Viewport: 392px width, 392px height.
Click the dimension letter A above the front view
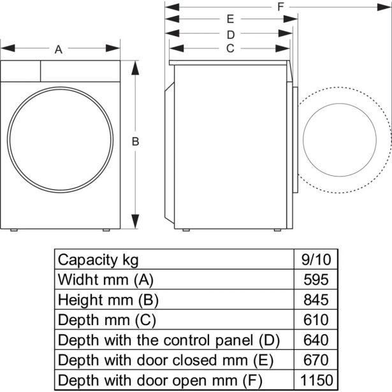coord(59,50)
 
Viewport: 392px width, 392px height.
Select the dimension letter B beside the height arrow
coord(135,142)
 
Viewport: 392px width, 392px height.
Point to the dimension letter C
coord(230,48)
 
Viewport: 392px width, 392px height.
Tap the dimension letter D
coord(231,35)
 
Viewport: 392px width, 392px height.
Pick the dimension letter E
coord(230,19)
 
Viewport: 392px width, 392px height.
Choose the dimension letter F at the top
coord(280,7)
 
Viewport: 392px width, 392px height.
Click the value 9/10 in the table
coord(316,260)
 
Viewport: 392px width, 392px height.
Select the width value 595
coord(316,280)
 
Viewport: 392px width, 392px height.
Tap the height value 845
coord(316,300)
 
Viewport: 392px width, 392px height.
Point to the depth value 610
coord(316,320)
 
